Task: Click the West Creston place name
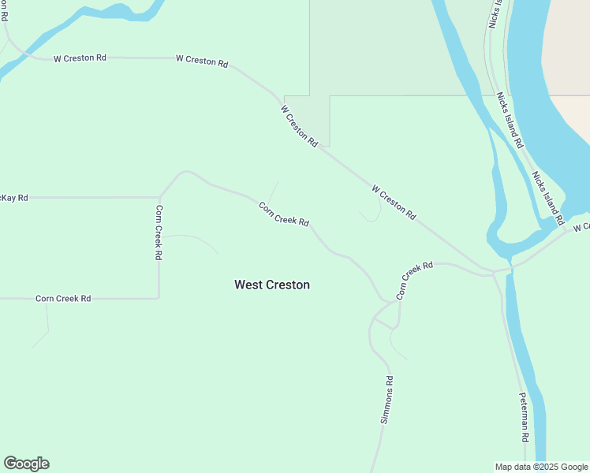(x=271, y=285)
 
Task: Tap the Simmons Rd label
(x=386, y=400)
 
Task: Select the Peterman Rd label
(x=524, y=416)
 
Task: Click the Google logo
(x=26, y=464)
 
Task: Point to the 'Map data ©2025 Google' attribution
(x=541, y=467)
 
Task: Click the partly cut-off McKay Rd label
(x=14, y=198)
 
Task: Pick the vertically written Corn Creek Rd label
(x=159, y=233)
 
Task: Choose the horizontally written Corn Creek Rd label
(x=63, y=299)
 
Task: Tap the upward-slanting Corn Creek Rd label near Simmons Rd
(x=414, y=281)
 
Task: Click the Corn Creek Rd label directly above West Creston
(x=283, y=214)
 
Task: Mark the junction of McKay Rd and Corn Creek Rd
(x=159, y=197)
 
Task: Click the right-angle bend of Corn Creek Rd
(x=159, y=298)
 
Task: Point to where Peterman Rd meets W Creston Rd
(x=494, y=273)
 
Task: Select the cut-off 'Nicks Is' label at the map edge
(x=495, y=14)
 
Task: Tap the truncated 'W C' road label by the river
(x=581, y=228)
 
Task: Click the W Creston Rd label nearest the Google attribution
(x=394, y=202)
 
